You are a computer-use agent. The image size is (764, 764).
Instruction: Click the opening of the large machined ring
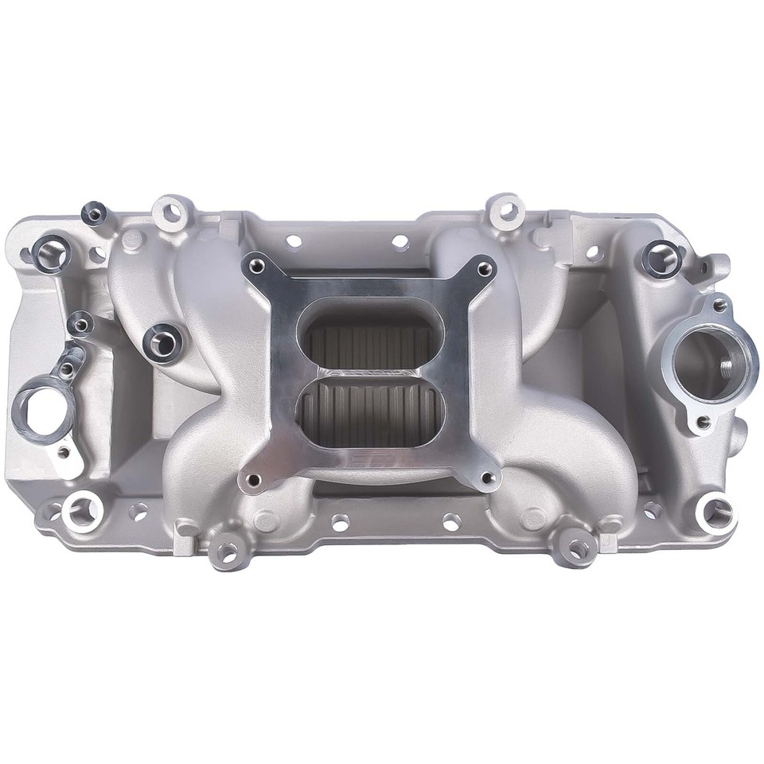click(x=37, y=408)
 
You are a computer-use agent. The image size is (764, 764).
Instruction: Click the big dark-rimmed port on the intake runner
click(x=163, y=343)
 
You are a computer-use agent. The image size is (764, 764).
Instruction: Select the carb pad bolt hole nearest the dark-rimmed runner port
click(x=256, y=267)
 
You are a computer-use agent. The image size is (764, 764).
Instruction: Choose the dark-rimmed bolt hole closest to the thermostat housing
click(x=661, y=259)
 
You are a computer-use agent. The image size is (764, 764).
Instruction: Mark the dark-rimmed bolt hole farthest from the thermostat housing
click(x=51, y=254)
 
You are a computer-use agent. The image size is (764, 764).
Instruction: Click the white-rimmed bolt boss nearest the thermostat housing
click(x=718, y=514)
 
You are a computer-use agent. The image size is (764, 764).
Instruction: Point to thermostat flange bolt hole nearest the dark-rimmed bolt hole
click(x=719, y=305)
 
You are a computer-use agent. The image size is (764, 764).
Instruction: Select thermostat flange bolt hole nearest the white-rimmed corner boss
click(x=703, y=423)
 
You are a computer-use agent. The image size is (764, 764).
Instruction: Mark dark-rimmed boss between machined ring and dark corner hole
click(x=80, y=324)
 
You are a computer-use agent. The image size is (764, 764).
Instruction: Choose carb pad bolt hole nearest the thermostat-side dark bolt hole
click(x=483, y=269)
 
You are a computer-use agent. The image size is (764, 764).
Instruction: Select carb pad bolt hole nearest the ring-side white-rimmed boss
click(x=253, y=480)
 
